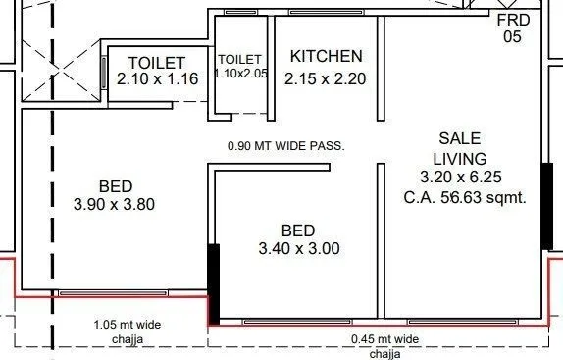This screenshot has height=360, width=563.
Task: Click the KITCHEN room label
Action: click(x=326, y=57)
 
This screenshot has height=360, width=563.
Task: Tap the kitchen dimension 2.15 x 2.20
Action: click(x=326, y=78)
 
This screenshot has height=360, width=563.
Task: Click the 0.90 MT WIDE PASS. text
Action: click(x=286, y=146)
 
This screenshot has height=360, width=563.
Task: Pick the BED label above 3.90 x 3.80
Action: click(x=115, y=186)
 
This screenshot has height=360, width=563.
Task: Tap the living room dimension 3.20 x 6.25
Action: click(x=459, y=177)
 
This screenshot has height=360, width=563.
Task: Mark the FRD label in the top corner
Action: click(x=513, y=20)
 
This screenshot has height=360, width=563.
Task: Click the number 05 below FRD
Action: click(x=513, y=37)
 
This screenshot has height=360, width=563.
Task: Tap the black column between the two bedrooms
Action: click(x=213, y=283)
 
